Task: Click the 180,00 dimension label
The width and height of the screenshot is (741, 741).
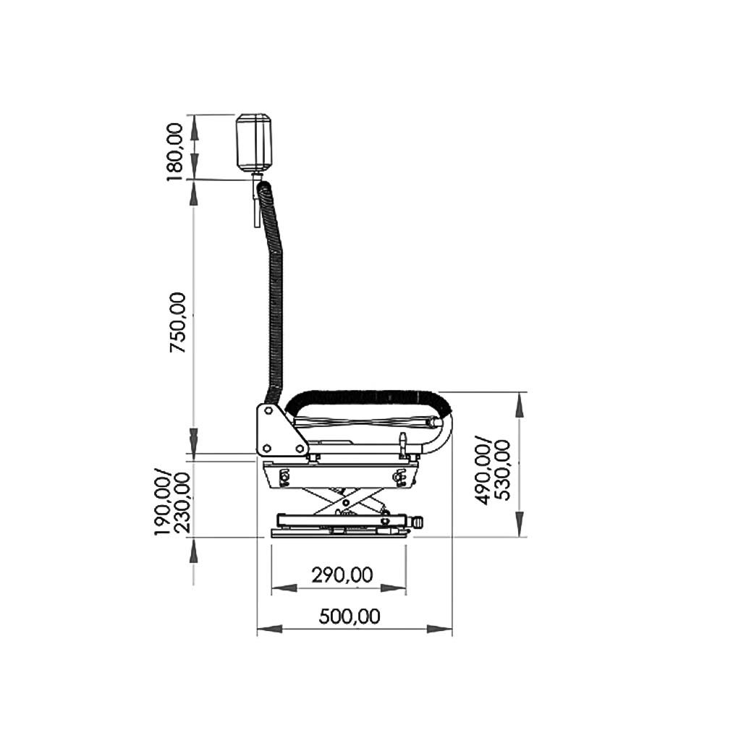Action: [175, 152]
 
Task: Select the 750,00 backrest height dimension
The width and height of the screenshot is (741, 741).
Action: [179, 322]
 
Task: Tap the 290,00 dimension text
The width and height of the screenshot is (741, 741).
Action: [342, 575]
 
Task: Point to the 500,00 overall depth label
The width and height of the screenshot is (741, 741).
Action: [350, 617]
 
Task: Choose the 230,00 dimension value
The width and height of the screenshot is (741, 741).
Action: [182, 503]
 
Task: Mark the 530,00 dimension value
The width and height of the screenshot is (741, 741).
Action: [502, 470]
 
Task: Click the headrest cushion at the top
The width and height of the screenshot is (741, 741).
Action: [254, 143]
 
